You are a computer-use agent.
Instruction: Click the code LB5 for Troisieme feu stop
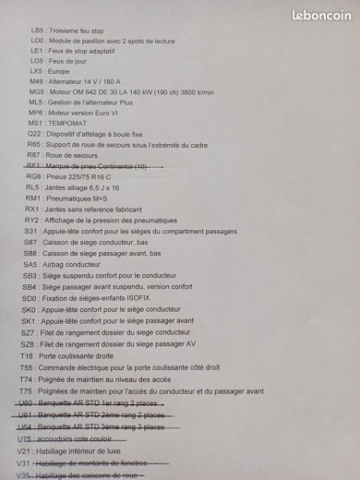(x=37, y=30)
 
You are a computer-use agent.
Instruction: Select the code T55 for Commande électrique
(x=26, y=367)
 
